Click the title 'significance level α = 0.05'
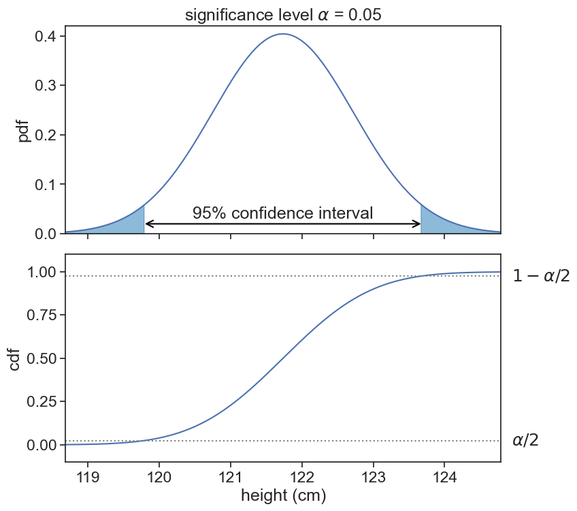coord(282,14)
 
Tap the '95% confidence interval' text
coord(282,213)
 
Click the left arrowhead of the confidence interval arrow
coord(149,223)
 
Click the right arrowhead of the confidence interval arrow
coord(417,223)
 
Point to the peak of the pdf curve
coord(283,34)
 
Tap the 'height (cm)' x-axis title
coord(283,496)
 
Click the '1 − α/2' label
coord(541,276)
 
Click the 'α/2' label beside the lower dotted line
coord(525,441)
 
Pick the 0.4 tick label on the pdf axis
coord(46,36)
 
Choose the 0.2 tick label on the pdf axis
coord(46,135)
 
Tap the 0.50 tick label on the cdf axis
coord(42,358)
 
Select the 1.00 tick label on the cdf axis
coord(42,273)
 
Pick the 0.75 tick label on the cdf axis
coord(42,315)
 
